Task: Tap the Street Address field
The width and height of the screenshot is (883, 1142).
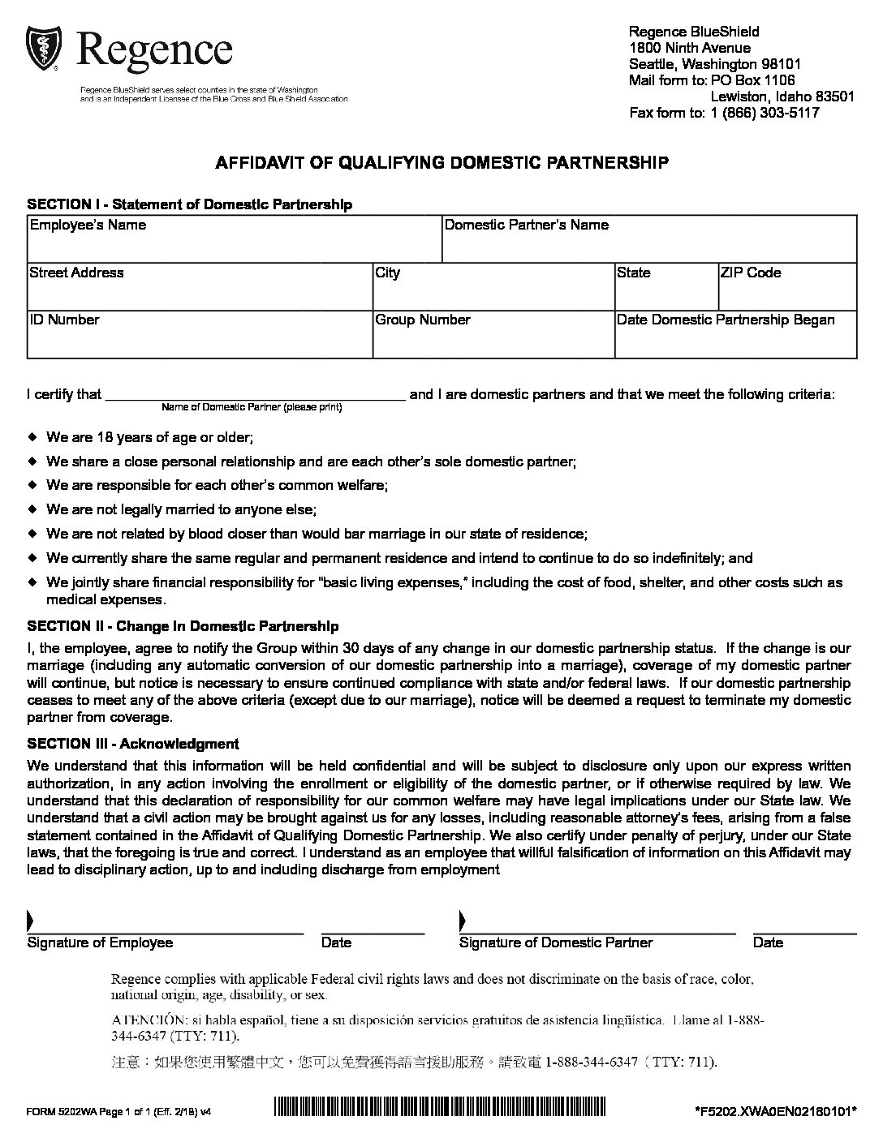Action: pyautogui.click(x=200, y=291)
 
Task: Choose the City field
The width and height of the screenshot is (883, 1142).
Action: pyautogui.click(x=493, y=291)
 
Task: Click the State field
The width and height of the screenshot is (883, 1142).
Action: pyautogui.click(x=665, y=291)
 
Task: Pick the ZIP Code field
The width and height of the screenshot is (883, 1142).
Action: pyautogui.click(x=787, y=291)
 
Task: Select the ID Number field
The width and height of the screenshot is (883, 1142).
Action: pyautogui.click(x=200, y=339)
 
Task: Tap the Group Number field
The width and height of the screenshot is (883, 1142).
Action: pyautogui.click(x=493, y=339)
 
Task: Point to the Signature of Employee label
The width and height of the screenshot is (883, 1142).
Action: pyautogui.click(x=101, y=942)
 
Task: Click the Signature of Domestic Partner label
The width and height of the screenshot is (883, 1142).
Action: pyautogui.click(x=556, y=942)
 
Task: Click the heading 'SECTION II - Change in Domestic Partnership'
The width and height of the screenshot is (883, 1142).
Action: pyautogui.click(x=183, y=626)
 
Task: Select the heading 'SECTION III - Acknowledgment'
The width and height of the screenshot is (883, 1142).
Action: pyautogui.click(x=133, y=744)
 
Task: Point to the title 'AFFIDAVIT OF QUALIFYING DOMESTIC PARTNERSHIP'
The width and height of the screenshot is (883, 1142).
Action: pyautogui.click(x=441, y=162)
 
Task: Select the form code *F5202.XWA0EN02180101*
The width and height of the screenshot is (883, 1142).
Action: pyautogui.click(x=776, y=1111)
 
